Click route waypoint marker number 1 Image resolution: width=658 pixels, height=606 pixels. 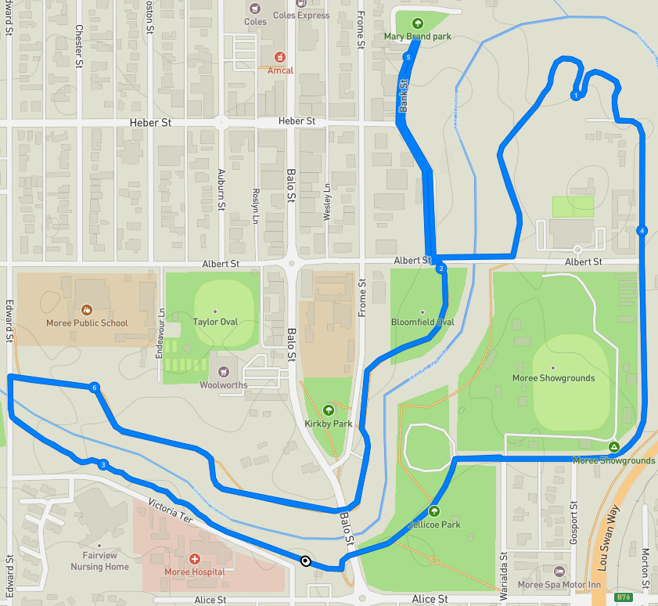576,96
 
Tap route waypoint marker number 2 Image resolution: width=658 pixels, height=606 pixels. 441,269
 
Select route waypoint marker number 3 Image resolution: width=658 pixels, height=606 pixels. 103,464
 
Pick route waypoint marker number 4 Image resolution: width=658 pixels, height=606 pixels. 642,231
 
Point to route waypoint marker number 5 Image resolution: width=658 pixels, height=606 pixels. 407,58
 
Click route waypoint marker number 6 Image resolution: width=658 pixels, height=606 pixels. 94,388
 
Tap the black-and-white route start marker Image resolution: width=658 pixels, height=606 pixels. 305,560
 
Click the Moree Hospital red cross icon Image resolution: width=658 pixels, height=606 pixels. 195,559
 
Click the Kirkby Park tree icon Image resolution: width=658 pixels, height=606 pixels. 328,409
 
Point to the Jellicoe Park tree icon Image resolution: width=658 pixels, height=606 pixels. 434,511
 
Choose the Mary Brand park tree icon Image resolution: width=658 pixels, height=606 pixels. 417,23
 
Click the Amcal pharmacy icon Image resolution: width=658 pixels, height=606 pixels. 279,57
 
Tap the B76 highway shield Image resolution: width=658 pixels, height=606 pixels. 623,597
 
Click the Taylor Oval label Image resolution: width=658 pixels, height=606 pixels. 215,322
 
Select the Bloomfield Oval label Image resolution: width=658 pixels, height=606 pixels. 422,322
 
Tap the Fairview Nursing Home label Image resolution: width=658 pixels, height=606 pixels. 99,561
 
